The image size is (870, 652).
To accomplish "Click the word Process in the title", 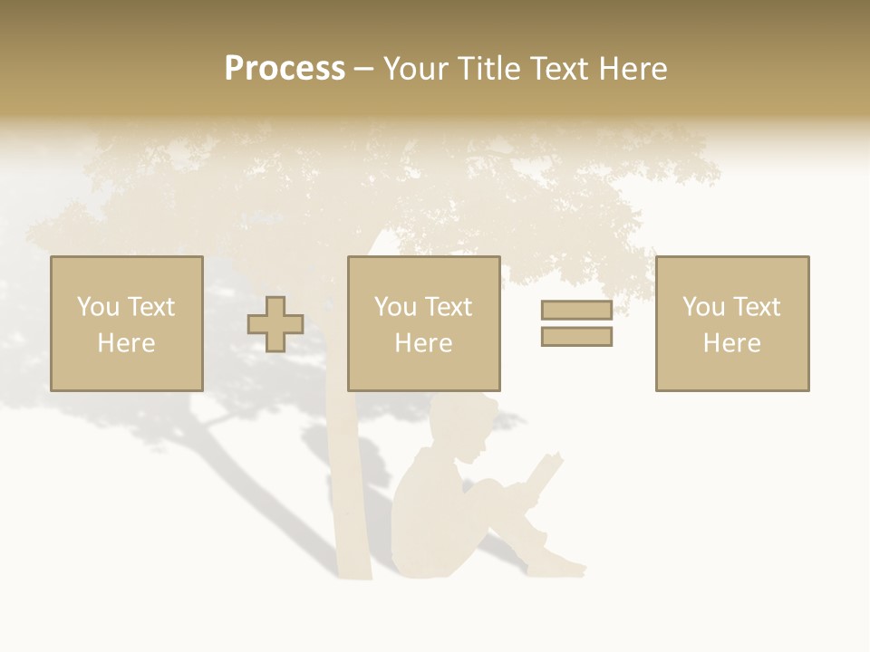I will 285,69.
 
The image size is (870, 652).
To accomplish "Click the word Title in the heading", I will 488,69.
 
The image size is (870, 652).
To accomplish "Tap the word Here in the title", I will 633,69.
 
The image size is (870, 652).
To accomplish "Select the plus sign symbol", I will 275,324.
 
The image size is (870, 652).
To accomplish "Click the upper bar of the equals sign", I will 576,311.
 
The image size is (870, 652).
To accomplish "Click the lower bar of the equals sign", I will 576,336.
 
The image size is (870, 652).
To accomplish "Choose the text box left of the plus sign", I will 127,323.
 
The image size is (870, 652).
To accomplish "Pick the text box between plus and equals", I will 424,323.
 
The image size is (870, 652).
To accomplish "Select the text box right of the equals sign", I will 732,323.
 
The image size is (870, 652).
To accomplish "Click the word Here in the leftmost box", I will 127,343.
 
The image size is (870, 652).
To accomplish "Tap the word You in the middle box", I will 395,307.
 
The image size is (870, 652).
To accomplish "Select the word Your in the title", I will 416,69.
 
